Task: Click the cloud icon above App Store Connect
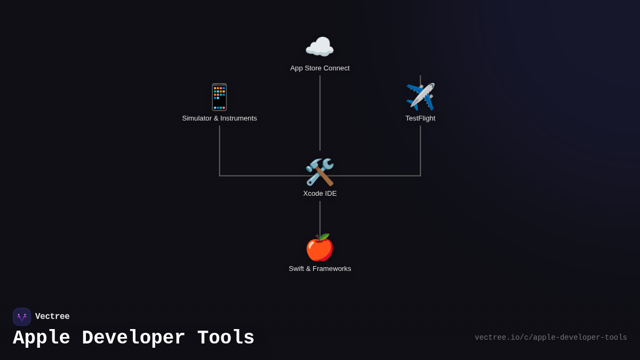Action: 319,47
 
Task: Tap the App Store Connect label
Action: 320,68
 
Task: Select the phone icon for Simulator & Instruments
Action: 219,97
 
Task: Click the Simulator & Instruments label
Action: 219,118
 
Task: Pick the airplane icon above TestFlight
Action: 420,97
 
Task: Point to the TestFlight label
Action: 420,118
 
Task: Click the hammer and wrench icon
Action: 319,172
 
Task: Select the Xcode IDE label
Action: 320,194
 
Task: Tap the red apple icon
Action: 319,247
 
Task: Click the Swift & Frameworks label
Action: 320,269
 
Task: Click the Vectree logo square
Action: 22,317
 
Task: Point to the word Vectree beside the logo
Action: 52,317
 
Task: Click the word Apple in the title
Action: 41,338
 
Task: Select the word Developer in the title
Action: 133,338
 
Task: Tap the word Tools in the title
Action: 226,338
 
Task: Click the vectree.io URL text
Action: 550,338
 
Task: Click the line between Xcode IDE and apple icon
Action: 320,218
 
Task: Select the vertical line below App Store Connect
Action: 320,112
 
